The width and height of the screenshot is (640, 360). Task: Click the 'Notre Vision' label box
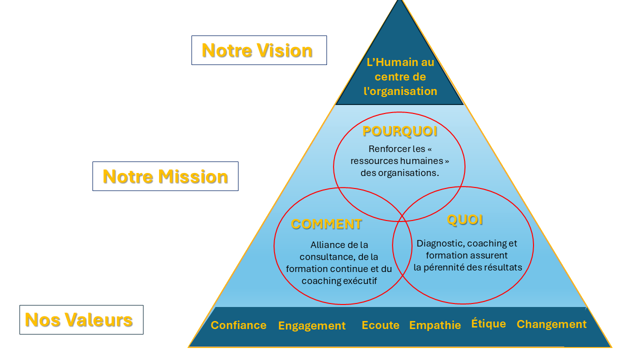[259, 50]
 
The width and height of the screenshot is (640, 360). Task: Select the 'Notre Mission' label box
[165, 176]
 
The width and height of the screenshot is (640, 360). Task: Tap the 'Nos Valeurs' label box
[81, 319]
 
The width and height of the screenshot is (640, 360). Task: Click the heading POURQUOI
[399, 131]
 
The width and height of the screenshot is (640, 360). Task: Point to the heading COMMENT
[326, 224]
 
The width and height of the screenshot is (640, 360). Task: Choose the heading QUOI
[465, 219]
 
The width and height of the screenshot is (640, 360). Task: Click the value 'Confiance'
[238, 325]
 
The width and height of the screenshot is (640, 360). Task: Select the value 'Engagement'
[312, 326]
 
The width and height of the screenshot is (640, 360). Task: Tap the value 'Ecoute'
[380, 325]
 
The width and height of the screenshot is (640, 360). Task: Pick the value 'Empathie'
[435, 325]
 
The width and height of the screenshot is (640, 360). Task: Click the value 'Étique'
[488, 323]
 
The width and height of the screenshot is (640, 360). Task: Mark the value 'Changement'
[551, 324]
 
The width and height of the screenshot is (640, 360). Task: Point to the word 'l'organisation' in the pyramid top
[400, 91]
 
